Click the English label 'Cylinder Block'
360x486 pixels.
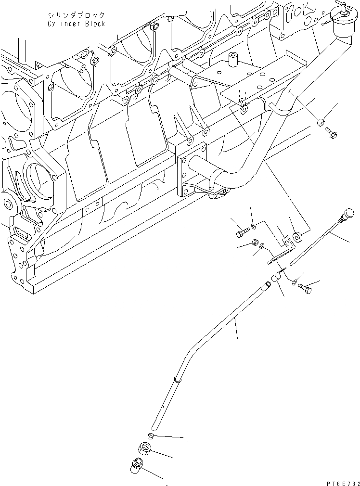point(76,24)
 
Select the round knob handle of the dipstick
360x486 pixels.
point(347,213)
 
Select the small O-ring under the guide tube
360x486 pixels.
point(151,436)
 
